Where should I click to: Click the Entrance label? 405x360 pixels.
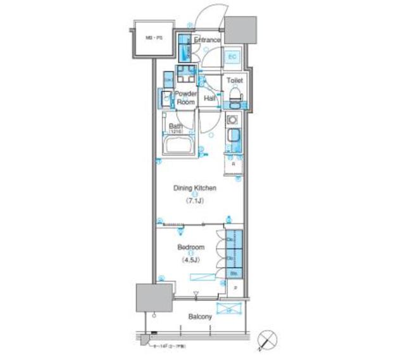[x=207, y=40]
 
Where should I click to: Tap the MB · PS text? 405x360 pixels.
[x=154, y=39]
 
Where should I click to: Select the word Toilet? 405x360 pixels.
[x=235, y=81]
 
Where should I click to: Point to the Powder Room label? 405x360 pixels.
[x=185, y=97]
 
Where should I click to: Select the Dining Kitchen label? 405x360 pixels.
[x=196, y=188]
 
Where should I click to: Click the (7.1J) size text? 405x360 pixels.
[x=194, y=201]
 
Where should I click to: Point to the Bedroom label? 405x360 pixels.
[x=190, y=247]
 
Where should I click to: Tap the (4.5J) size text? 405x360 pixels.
[x=190, y=259]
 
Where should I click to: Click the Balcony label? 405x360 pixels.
[x=200, y=316]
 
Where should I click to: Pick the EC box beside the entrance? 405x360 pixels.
[x=232, y=57]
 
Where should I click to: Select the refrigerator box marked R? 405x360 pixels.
[x=234, y=163]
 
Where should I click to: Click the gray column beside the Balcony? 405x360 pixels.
[x=154, y=296]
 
